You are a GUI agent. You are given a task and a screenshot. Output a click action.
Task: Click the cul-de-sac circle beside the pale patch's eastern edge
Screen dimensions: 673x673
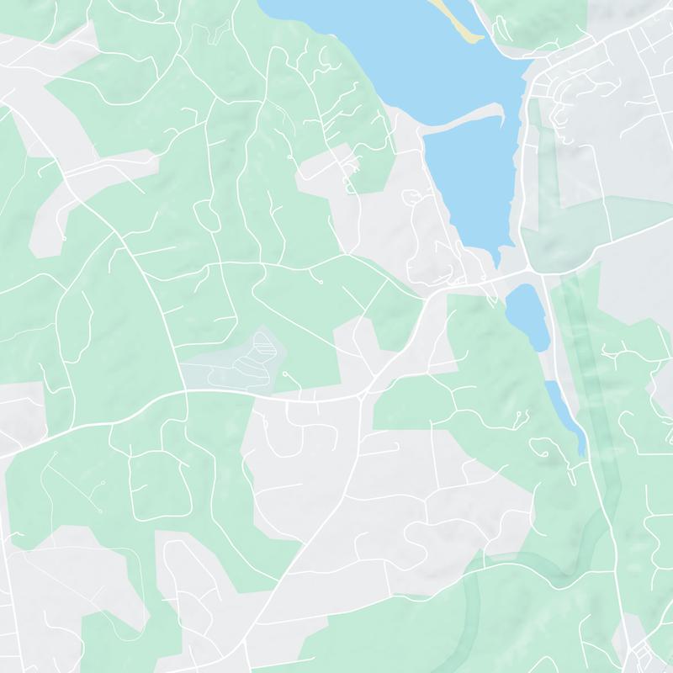(285, 374)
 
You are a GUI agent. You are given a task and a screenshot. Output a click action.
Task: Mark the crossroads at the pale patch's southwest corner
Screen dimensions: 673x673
(183, 391)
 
